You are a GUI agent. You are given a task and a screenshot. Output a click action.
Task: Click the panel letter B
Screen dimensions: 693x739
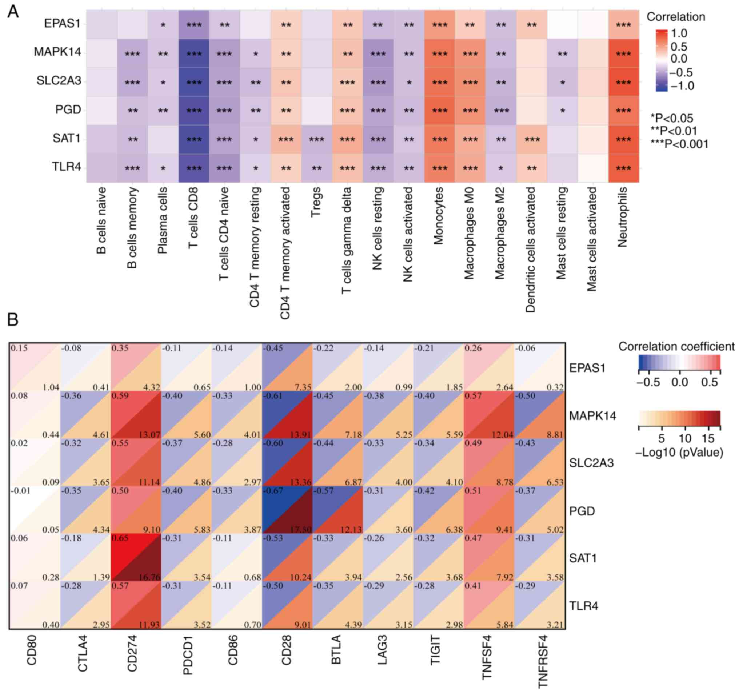(13, 319)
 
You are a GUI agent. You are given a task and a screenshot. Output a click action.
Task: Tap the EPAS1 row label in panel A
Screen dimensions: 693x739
(62, 24)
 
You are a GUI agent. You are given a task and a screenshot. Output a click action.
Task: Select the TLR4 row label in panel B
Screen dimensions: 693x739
(584, 606)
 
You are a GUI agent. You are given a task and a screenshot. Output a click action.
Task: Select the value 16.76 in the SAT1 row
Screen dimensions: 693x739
(149, 577)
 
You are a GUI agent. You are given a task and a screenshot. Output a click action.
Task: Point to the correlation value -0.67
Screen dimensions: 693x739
(273, 491)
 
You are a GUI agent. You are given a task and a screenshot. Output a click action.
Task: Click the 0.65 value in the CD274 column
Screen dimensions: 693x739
(120, 538)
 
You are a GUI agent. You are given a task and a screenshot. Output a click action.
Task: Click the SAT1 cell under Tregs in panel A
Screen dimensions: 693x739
(316, 139)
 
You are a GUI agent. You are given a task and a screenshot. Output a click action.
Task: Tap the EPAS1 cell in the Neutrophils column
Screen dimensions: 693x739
(623, 25)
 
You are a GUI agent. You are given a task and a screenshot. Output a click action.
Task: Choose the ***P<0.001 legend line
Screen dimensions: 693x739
(679, 144)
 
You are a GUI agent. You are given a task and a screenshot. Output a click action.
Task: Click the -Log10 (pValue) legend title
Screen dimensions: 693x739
(679, 453)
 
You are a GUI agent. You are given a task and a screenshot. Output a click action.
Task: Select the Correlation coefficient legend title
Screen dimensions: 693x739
(676, 346)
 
